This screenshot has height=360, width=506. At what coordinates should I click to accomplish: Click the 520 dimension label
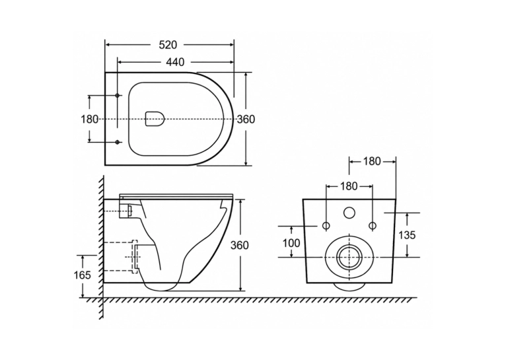click(x=168, y=45)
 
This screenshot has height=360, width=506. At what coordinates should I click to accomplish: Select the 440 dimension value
click(x=175, y=61)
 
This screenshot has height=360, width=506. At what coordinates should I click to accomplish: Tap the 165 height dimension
click(x=82, y=275)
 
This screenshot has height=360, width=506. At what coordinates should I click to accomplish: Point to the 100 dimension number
click(x=291, y=242)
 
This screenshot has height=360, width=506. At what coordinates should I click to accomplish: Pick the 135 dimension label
click(x=407, y=235)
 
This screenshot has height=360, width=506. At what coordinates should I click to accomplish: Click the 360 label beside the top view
click(x=246, y=119)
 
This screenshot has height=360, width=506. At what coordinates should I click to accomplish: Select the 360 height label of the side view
click(x=239, y=245)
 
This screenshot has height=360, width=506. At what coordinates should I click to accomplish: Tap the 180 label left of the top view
click(x=89, y=119)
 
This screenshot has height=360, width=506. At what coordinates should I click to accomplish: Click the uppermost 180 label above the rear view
click(x=372, y=161)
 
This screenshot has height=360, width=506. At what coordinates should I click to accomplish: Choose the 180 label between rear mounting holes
click(x=349, y=186)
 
